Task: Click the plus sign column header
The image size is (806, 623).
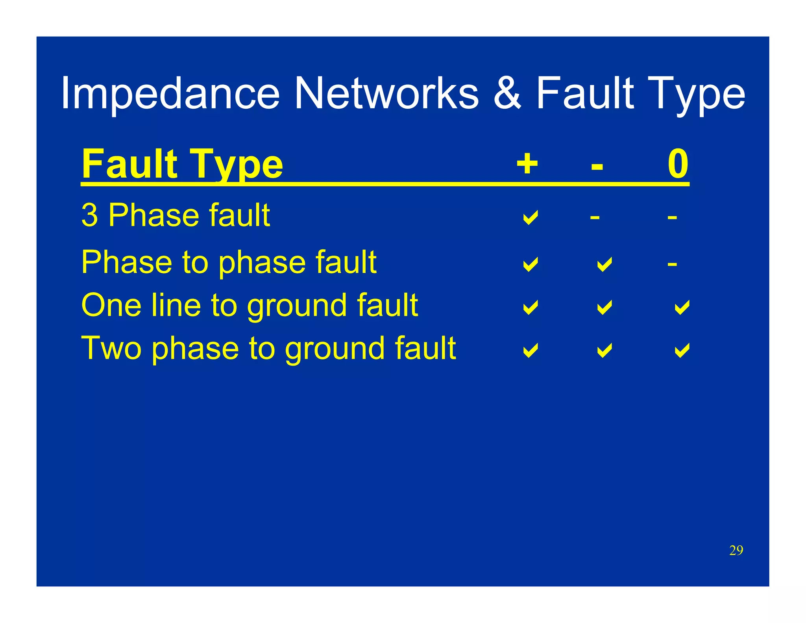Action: tap(527, 164)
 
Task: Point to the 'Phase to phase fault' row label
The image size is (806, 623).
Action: tap(229, 262)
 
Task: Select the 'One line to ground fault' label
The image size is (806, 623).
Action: tap(249, 306)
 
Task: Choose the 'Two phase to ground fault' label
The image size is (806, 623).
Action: tap(268, 349)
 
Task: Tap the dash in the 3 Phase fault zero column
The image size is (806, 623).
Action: tap(672, 217)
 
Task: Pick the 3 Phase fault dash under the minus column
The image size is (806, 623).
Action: tap(595, 217)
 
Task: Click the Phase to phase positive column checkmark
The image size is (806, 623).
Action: tap(530, 264)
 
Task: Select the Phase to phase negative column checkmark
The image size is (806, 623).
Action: tap(604, 264)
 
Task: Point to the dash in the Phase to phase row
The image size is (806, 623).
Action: tap(672, 264)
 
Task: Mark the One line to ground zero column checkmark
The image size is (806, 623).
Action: tap(682, 307)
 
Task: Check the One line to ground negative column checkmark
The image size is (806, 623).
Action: tap(604, 307)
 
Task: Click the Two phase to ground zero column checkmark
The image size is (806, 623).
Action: tap(682, 350)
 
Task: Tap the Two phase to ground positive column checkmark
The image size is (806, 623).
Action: tap(530, 350)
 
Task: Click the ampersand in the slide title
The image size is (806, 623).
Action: tap(507, 93)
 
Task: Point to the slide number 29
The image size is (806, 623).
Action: tap(736, 550)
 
